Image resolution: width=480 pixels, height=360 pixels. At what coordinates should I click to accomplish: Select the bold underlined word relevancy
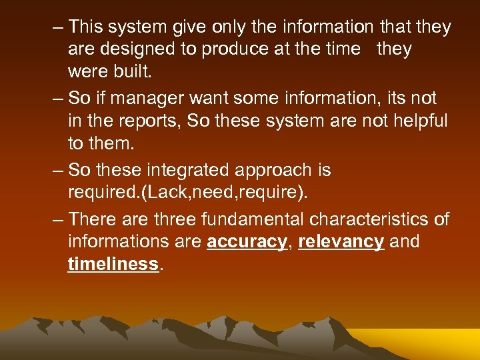[x=341, y=241]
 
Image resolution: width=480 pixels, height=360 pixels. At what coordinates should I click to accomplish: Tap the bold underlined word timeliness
[x=113, y=264]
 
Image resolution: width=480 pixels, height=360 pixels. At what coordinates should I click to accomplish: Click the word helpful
[x=415, y=121]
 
